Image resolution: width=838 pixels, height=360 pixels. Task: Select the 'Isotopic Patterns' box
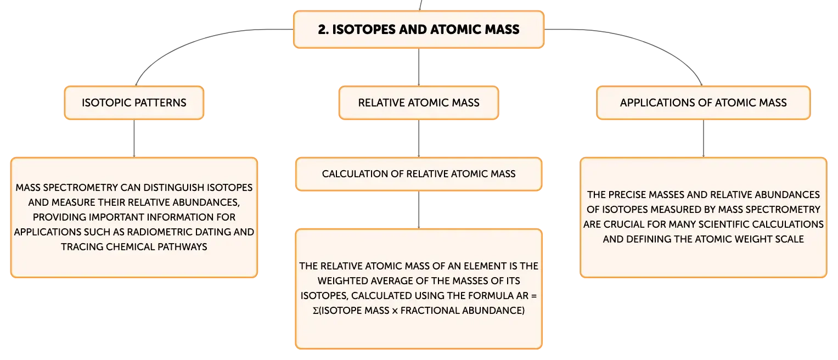tap(134, 103)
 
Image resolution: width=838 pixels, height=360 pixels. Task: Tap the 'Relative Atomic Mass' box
tap(419, 103)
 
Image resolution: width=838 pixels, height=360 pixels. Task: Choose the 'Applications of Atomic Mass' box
tap(703, 103)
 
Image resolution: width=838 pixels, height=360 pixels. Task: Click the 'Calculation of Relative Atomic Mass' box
tap(419, 174)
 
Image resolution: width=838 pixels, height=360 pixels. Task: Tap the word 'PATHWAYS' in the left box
tap(182, 246)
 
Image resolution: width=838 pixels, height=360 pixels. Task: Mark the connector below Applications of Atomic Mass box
tap(704, 138)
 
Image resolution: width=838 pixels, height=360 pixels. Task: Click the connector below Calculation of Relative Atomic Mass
tap(419, 210)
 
